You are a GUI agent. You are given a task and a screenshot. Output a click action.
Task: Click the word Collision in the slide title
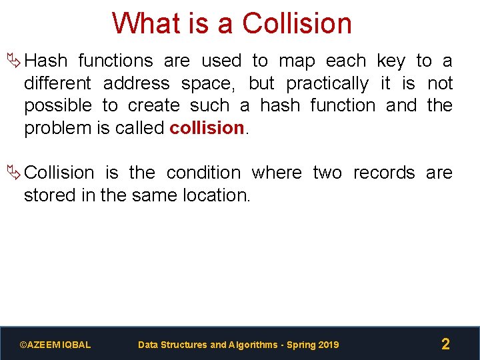pos(297,23)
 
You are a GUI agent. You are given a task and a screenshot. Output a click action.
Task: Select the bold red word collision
pos(207,128)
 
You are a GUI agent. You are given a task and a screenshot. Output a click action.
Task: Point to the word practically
pos(327,84)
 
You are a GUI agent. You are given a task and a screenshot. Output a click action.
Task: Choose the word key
pos(391,61)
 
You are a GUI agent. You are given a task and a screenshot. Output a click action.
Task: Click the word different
pos(58,84)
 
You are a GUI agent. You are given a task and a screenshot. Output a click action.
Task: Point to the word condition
pos(204,173)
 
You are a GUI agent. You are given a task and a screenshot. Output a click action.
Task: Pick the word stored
pos(45,195)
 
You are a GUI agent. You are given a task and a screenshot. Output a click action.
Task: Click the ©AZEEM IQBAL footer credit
pos(55,345)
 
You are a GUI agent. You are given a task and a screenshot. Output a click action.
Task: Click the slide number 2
pos(445,344)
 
